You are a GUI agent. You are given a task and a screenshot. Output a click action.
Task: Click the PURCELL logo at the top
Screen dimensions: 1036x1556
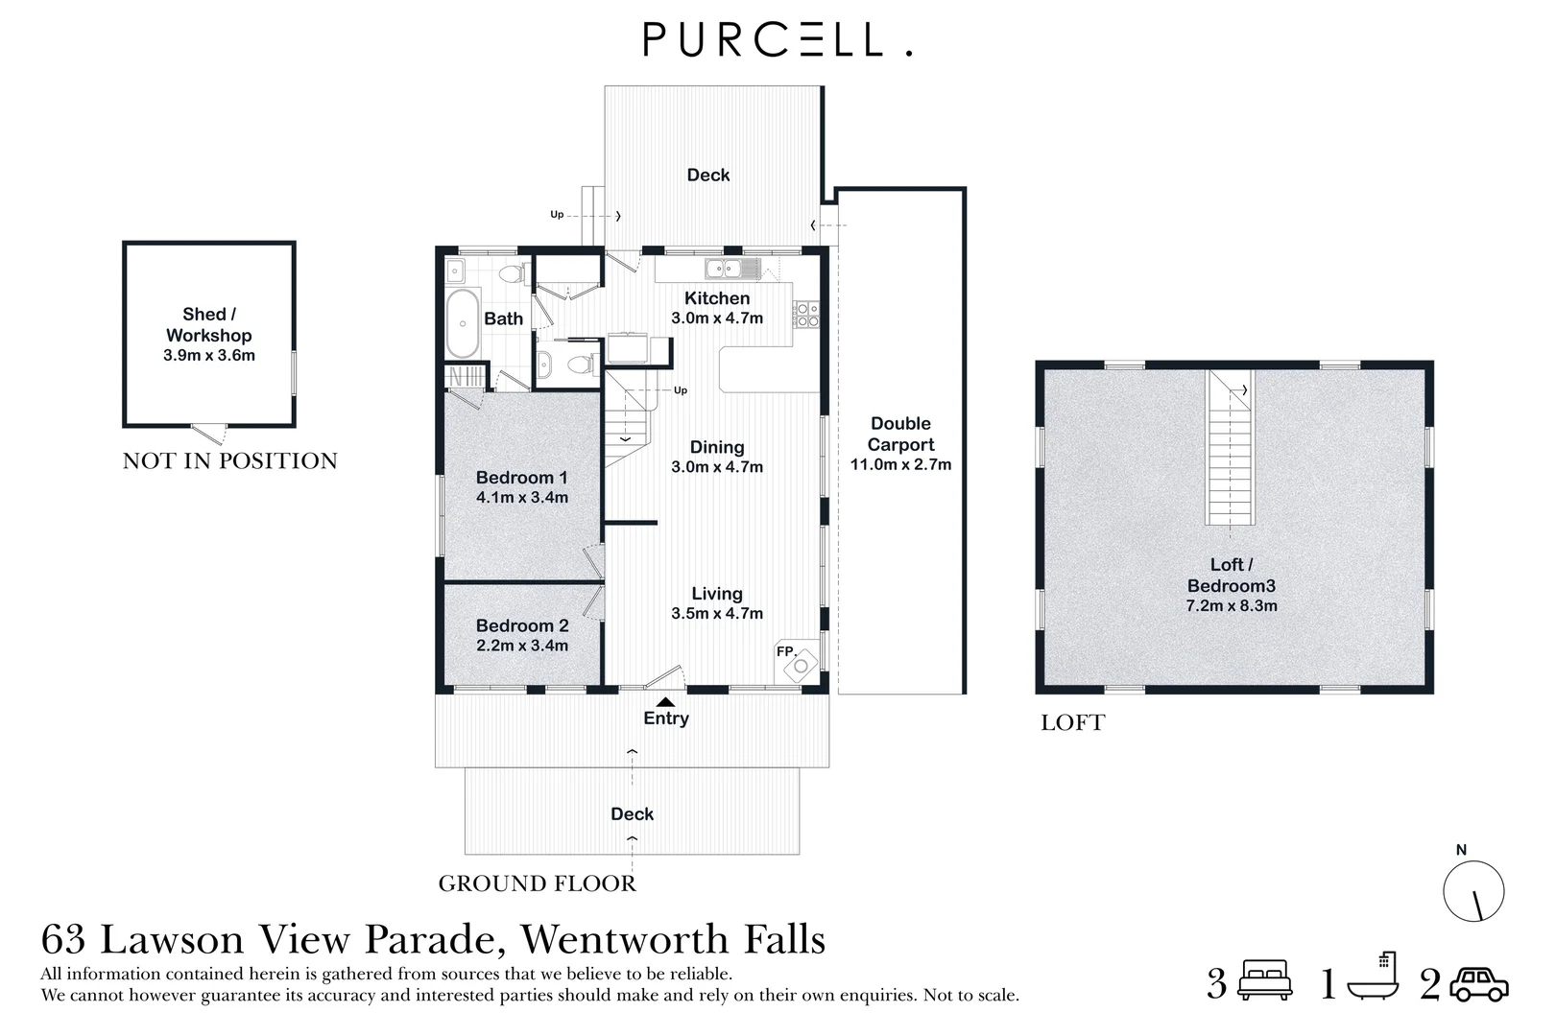point(776,40)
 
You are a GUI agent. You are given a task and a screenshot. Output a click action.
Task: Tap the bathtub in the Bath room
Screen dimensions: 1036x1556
point(463,321)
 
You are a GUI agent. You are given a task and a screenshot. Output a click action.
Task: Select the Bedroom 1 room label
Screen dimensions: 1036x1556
point(521,478)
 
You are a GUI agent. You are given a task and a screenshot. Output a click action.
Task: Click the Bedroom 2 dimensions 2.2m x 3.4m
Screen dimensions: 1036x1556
point(522,646)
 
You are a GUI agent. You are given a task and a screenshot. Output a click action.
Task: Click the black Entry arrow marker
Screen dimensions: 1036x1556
point(665,702)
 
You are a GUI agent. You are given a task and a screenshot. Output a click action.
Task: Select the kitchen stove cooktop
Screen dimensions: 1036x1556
point(806,315)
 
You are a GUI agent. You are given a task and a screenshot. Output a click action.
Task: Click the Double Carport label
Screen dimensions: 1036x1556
point(900,434)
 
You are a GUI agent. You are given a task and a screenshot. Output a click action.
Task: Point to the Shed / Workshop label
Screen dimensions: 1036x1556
point(209,324)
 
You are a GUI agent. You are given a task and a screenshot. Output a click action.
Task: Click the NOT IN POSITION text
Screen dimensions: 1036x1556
point(230,461)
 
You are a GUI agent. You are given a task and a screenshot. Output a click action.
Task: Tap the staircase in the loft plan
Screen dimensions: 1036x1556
point(1231,448)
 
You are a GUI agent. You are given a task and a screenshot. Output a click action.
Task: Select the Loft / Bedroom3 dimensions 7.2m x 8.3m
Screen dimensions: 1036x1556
point(1232,606)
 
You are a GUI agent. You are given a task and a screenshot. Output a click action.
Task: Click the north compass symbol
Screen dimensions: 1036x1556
point(1472,891)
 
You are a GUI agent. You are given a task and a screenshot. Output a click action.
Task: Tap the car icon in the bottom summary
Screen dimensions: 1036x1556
point(1478,984)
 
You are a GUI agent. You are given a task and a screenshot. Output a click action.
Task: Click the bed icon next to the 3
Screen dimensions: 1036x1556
point(1265,980)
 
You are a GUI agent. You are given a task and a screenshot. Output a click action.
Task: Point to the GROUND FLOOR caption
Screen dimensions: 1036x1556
point(537,883)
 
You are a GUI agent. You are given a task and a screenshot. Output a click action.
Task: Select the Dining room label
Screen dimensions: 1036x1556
point(716,447)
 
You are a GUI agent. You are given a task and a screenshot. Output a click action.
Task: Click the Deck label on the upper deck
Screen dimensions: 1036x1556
point(708,175)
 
